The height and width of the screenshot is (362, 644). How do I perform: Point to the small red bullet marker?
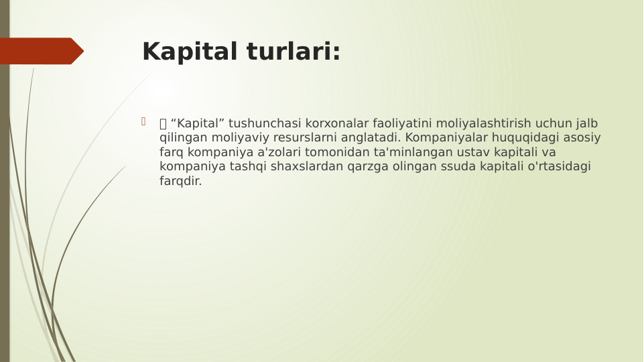(143, 121)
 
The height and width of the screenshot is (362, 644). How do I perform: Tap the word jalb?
(586, 123)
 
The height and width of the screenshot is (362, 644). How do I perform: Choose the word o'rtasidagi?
(560, 166)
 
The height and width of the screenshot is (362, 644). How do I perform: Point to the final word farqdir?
(180, 181)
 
